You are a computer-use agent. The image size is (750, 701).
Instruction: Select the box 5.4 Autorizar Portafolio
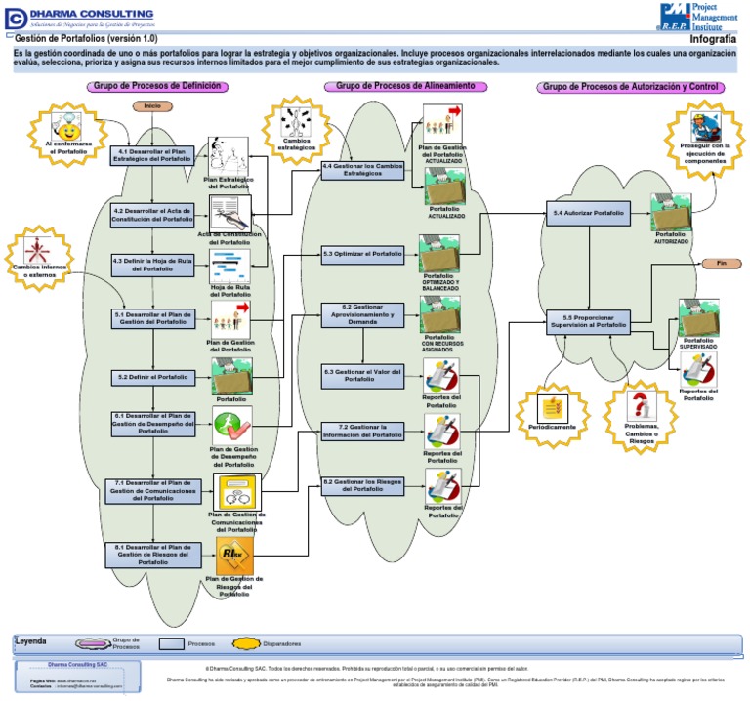[588, 212]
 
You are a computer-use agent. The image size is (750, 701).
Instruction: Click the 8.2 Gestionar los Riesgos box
[362, 485]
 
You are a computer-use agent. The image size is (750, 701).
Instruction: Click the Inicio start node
[152, 105]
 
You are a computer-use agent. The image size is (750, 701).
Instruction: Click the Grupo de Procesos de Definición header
[156, 87]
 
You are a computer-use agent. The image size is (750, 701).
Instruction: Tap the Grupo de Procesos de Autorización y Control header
[630, 87]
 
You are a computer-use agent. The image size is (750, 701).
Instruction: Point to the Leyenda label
[31, 641]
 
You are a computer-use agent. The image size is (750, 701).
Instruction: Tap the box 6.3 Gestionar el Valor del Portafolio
[362, 376]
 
